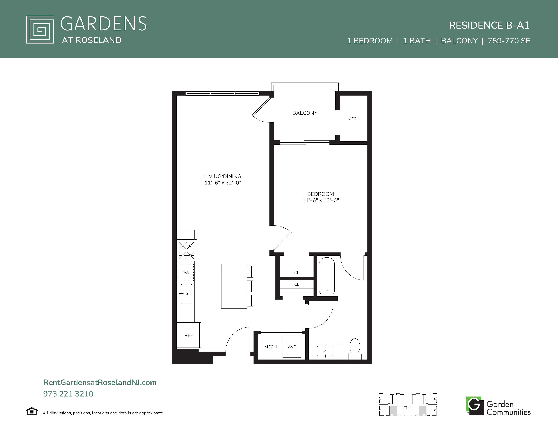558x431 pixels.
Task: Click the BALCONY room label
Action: click(x=305, y=113)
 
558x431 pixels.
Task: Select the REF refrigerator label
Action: click(x=189, y=335)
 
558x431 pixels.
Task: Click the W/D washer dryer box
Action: click(x=292, y=347)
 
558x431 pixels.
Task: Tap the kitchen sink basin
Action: click(x=186, y=294)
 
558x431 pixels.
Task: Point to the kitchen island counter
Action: click(x=234, y=286)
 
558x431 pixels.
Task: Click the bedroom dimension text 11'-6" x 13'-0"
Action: click(x=321, y=200)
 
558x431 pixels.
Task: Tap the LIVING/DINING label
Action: click(x=223, y=176)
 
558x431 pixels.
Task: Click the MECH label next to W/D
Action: click(x=271, y=347)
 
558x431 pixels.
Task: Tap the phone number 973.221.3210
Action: click(x=68, y=394)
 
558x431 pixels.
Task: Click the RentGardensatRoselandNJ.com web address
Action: click(x=100, y=382)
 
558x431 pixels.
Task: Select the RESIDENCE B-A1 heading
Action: click(x=489, y=25)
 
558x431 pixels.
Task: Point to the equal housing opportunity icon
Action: click(x=32, y=411)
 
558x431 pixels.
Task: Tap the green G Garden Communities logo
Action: click(x=475, y=406)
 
